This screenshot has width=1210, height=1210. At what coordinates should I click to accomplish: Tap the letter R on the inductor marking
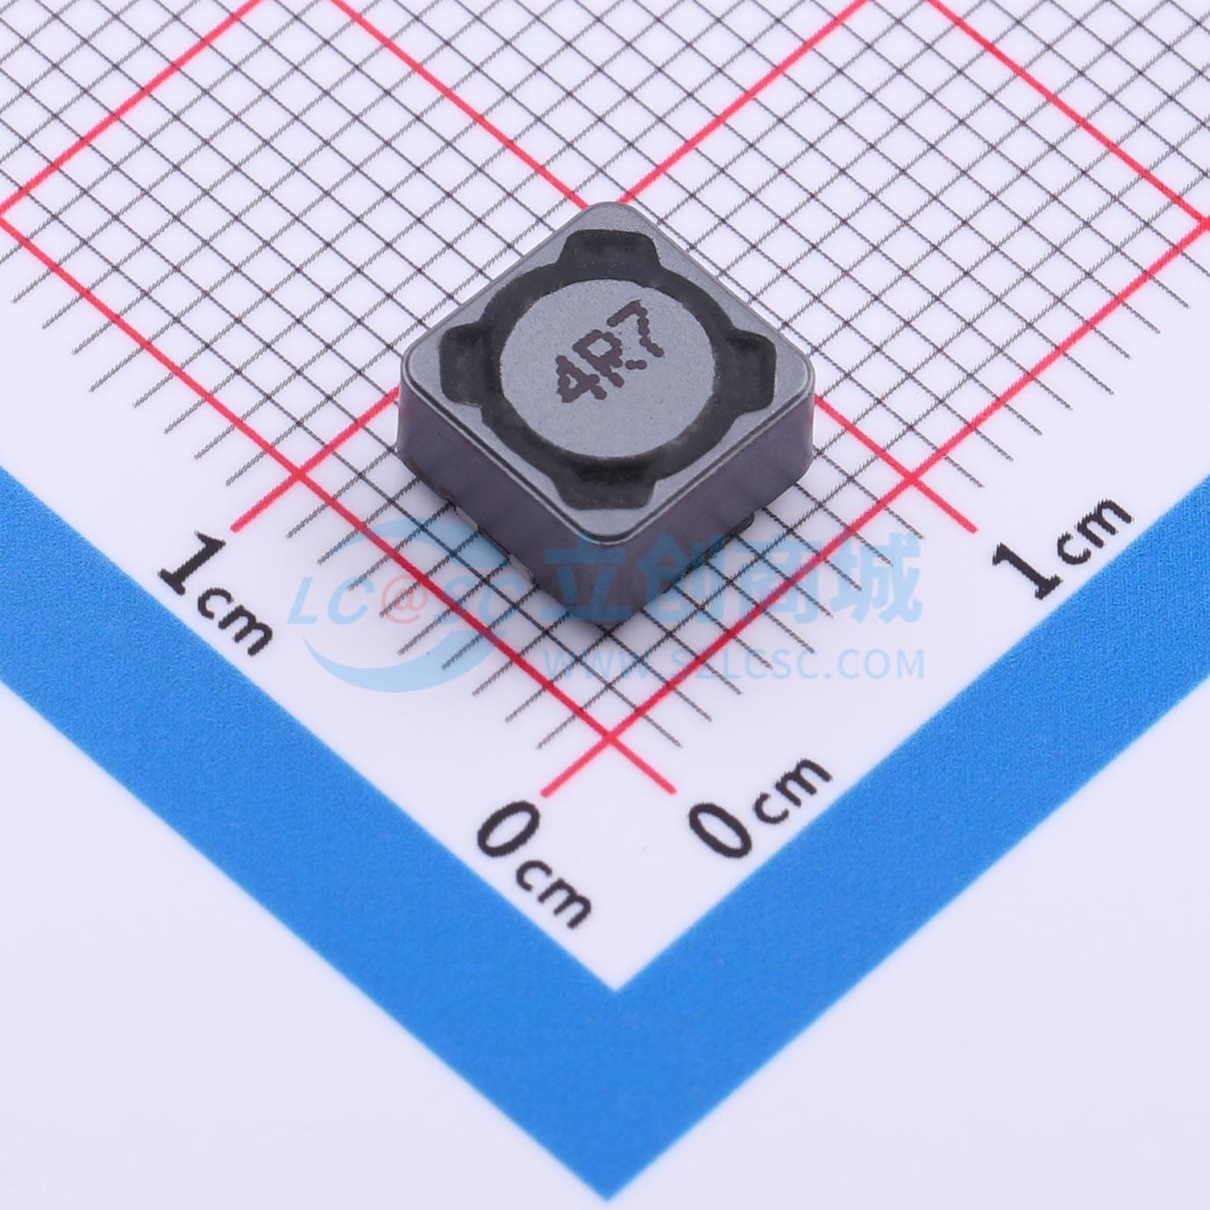[x=606, y=357]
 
